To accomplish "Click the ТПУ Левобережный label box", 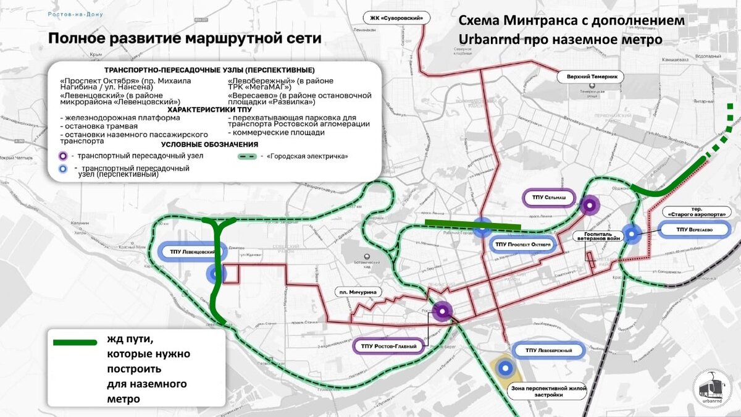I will [548, 351].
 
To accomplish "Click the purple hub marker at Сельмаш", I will [589, 206].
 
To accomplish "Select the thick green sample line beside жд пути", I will [75, 342].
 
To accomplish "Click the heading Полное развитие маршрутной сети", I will [185, 38].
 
